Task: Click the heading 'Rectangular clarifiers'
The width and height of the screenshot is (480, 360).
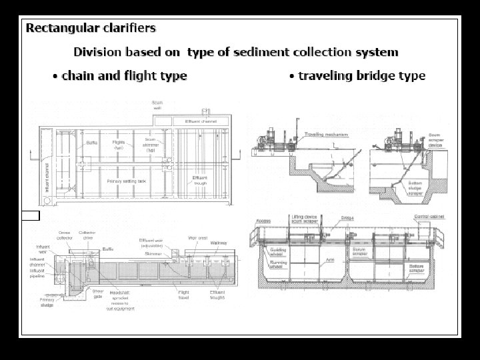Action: pyautogui.click(x=91, y=28)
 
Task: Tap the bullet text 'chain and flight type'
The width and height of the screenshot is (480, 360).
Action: pyautogui.click(x=124, y=75)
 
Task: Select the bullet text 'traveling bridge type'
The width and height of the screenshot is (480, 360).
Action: pyautogui.click(x=361, y=75)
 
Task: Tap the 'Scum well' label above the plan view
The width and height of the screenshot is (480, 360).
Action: pyautogui.click(x=157, y=105)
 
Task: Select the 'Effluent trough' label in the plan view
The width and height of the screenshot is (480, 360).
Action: pyautogui.click(x=201, y=180)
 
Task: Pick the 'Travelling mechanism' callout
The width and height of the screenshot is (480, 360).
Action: pyautogui.click(x=326, y=135)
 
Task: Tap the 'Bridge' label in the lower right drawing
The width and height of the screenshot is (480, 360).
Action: pyautogui.click(x=347, y=218)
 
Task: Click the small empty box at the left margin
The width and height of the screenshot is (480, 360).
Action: pyautogui.click(x=31, y=215)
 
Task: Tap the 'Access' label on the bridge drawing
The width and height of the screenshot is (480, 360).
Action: pyautogui.click(x=264, y=218)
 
